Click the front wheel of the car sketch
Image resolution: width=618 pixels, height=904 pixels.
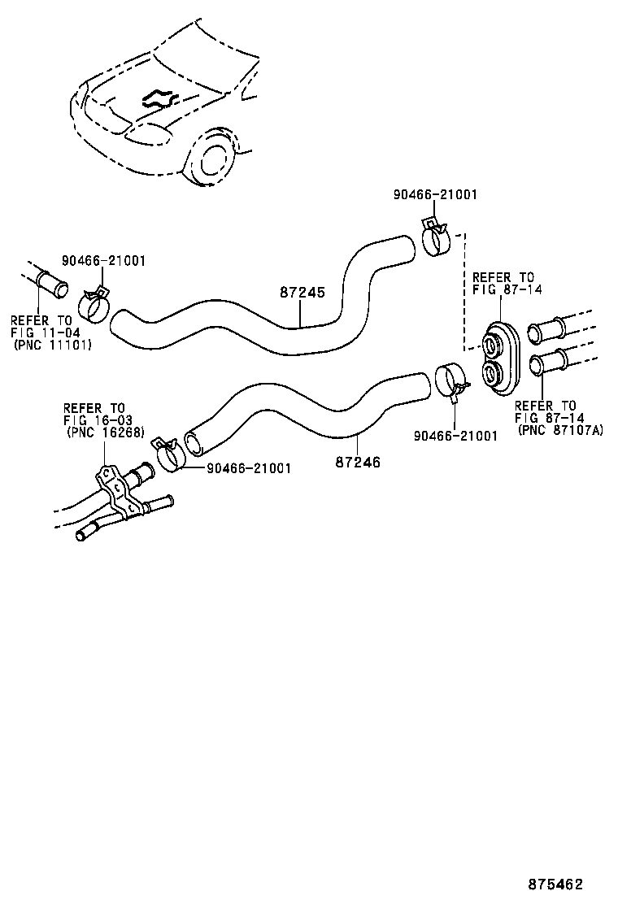coord(213,160)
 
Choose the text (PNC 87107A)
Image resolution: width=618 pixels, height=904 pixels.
coord(560,430)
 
